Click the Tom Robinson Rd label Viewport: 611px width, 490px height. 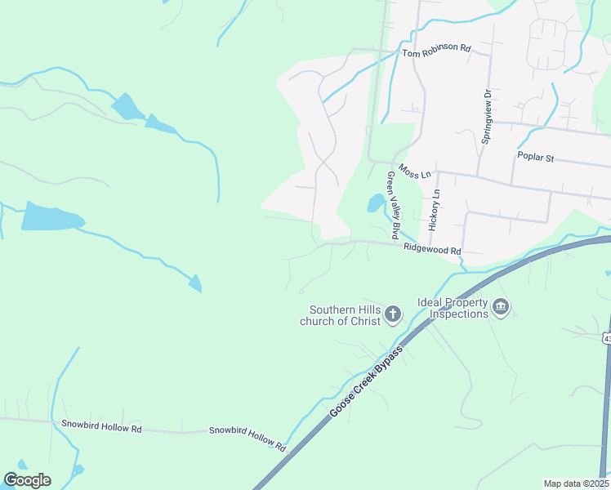pyautogui.click(x=437, y=50)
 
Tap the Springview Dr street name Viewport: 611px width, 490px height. pyautogui.click(x=486, y=118)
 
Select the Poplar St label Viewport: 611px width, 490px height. pyautogui.click(x=536, y=157)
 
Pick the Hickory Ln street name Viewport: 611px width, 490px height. pyautogui.click(x=435, y=209)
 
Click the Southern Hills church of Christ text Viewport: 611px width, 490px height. pyautogui.click(x=345, y=315)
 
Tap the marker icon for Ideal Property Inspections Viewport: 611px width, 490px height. pyautogui.click(x=501, y=308)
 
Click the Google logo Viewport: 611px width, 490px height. pyautogui.click(x=27, y=480)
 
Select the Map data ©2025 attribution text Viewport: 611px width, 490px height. pyautogui.click(x=576, y=483)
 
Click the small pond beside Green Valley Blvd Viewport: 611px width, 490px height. pyautogui.click(x=375, y=202)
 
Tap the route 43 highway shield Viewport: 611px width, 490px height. pyautogui.click(x=606, y=336)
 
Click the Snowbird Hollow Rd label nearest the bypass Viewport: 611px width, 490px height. pyautogui.click(x=247, y=439)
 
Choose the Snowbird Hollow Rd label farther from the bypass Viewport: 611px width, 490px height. pyautogui.click(x=101, y=425)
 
